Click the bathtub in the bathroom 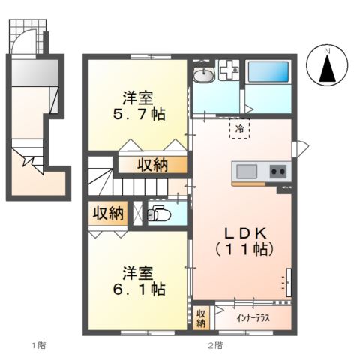coord(268,71)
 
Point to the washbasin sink coord(204,75)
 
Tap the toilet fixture coord(158,214)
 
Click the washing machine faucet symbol coord(229,70)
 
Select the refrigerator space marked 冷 coord(240,129)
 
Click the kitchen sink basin coord(247,172)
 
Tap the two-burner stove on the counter coord(278,172)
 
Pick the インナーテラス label coord(253,318)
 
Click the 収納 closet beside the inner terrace coord(201,318)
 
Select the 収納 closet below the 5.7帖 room coord(152,165)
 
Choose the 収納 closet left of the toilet coord(108,213)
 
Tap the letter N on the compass coord(327,52)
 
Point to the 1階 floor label coord(39,346)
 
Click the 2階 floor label coord(215,346)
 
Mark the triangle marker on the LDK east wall coord(302,149)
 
